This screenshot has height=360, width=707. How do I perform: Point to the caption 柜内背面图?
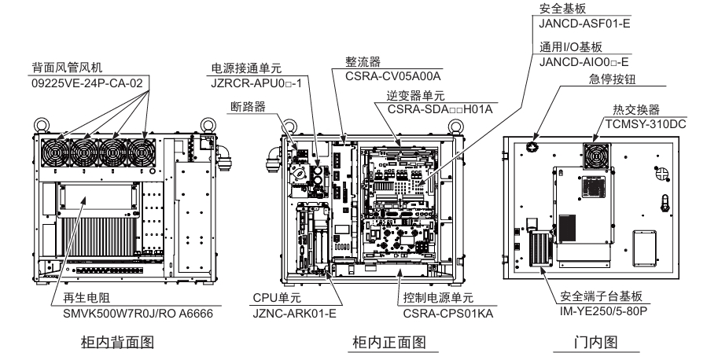(116, 342)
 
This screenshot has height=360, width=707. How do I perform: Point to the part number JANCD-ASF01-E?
(585, 24)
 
